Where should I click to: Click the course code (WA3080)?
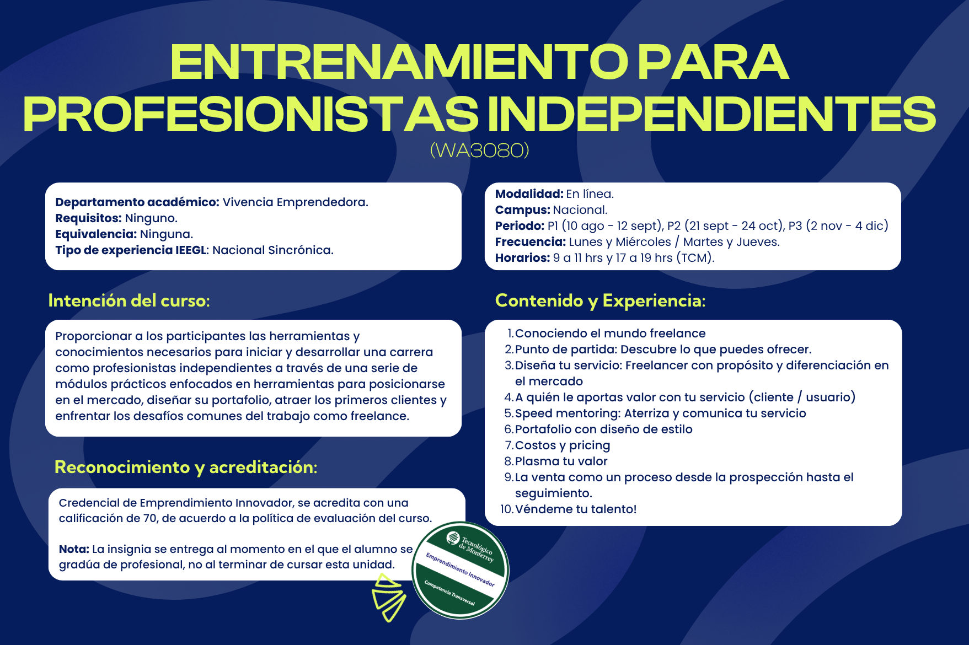click(479, 150)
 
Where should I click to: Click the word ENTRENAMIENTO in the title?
click(399, 62)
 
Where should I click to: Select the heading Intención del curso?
click(129, 300)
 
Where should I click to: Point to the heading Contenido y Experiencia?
click(600, 300)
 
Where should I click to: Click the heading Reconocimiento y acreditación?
click(186, 467)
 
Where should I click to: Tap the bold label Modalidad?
click(529, 194)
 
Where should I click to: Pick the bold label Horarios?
click(522, 258)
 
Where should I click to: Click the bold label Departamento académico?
click(137, 202)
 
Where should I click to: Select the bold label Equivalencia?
click(96, 234)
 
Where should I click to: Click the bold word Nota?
click(74, 549)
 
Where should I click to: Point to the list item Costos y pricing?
click(563, 445)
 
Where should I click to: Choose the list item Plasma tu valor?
click(561, 461)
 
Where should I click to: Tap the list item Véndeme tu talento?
click(576, 509)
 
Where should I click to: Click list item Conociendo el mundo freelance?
click(610, 334)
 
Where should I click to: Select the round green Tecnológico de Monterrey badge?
click(461, 571)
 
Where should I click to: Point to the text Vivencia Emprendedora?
click(295, 202)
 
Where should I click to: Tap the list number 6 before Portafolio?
click(509, 429)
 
